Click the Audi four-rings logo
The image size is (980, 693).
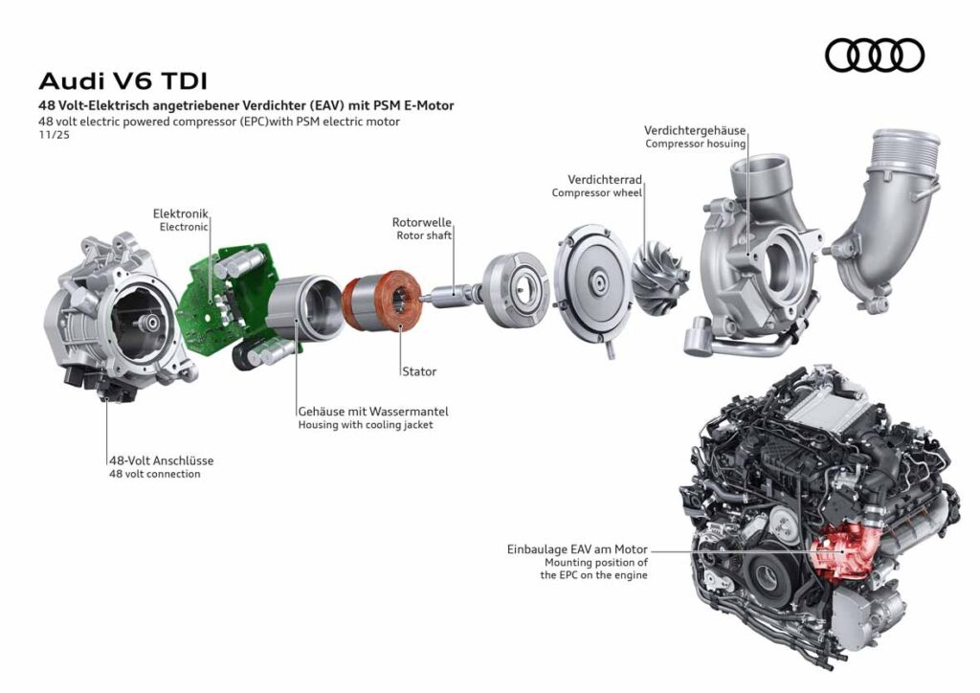[874, 56]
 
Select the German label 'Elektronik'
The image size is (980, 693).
[180, 212]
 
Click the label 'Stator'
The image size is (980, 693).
[419, 370]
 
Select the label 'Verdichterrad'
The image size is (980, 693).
[604, 179]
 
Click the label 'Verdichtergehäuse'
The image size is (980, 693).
[695, 130]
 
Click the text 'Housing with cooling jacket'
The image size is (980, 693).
[365, 425]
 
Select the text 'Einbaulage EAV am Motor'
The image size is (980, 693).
[577, 549]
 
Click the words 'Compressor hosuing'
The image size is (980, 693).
[695, 145]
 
